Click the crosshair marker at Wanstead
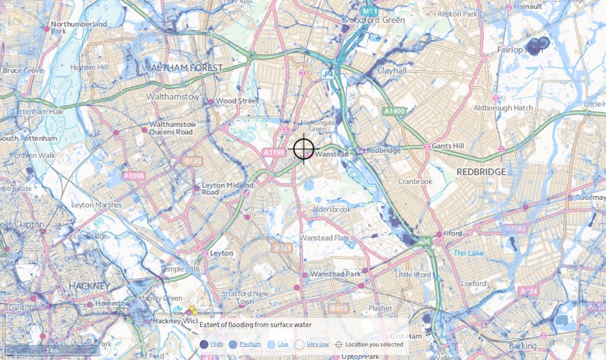[304, 150]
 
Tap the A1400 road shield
[394, 111]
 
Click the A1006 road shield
[134, 176]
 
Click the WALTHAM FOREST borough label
[183, 68]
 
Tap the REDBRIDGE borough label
[481, 172]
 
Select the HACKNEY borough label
[89, 286]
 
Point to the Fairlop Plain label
[519, 50]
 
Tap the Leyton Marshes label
[96, 205]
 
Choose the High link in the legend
[217, 344]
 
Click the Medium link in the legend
[250, 344]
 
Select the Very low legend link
[317, 344]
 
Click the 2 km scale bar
[51, 350]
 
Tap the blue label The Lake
[469, 253]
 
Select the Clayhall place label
[391, 71]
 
